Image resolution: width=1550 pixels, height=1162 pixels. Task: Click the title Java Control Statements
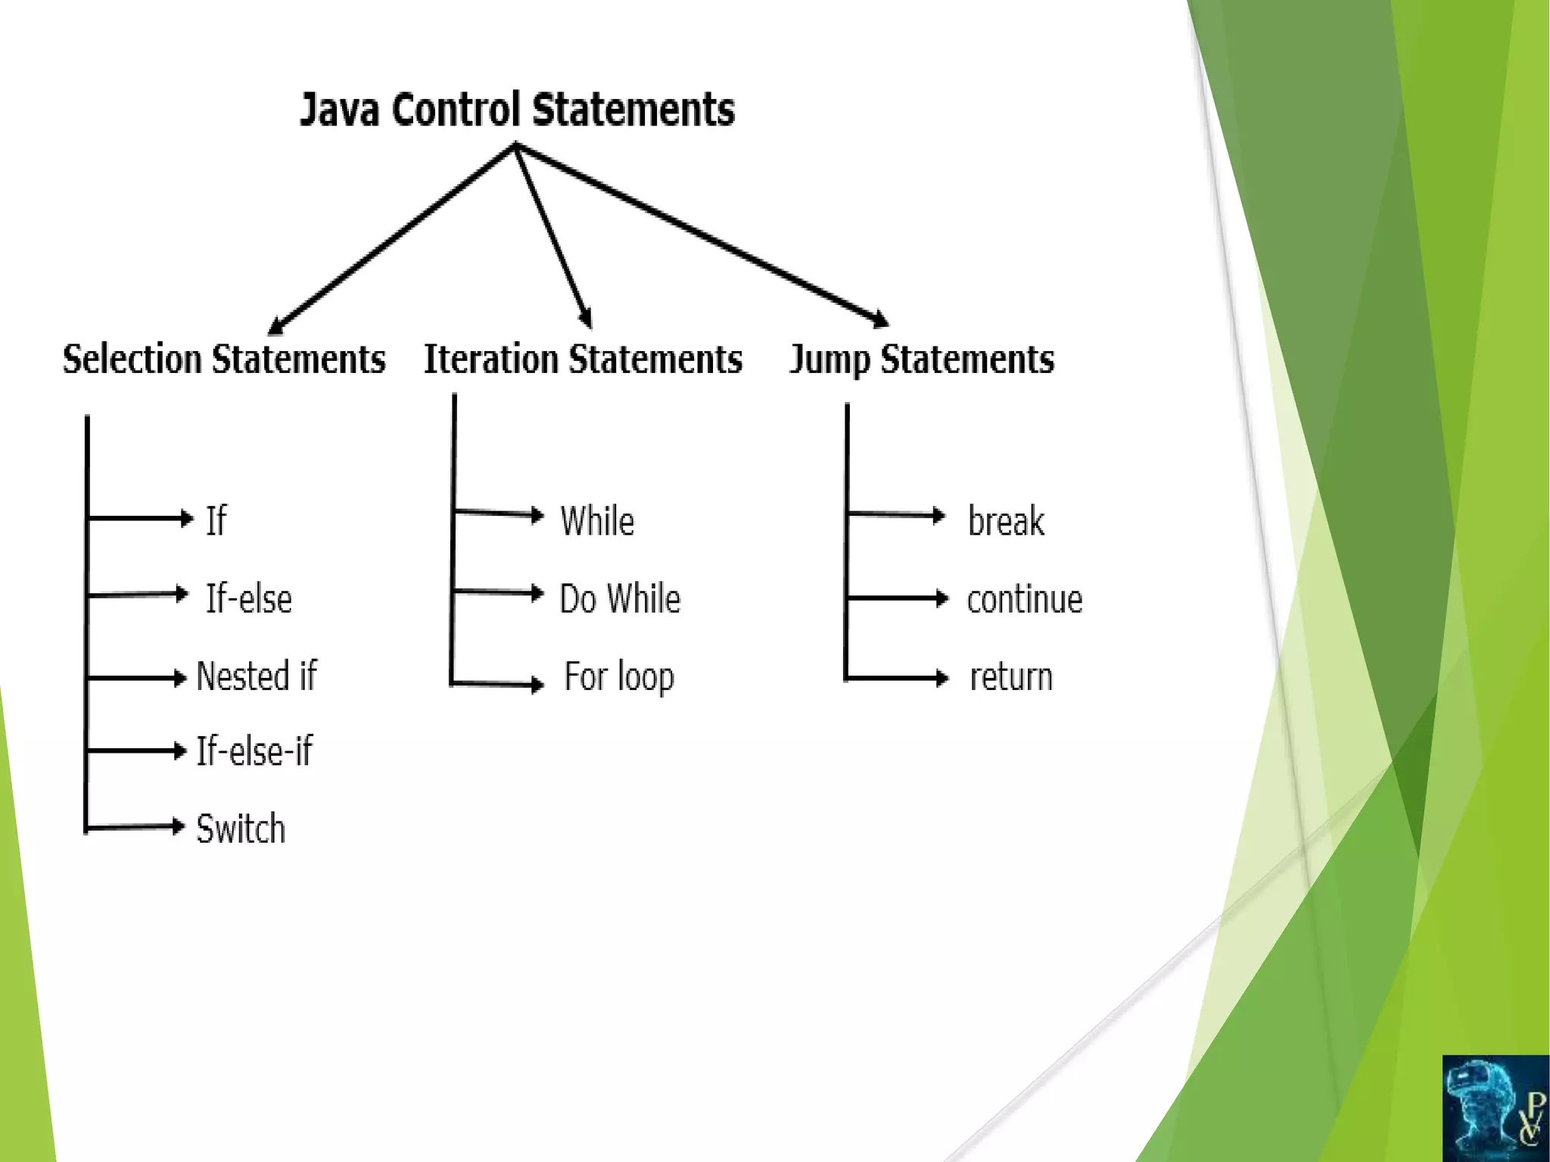(518, 110)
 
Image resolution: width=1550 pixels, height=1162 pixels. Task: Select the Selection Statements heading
(224, 359)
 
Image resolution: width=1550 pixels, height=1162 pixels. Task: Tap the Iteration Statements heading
(583, 359)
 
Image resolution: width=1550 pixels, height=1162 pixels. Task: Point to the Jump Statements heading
(922, 359)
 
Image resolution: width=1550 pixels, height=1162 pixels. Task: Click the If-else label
(249, 598)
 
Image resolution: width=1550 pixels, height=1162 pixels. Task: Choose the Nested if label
(257, 676)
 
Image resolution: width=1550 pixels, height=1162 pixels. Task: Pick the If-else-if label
(254, 751)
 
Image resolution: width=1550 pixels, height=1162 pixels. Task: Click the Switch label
(241, 828)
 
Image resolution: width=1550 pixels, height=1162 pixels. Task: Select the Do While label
(620, 598)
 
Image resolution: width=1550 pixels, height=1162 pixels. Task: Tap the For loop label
(619, 676)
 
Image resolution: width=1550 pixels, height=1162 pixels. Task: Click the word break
(1007, 521)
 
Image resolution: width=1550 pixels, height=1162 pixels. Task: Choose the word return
(1011, 676)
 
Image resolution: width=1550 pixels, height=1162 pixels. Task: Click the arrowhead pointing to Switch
(179, 825)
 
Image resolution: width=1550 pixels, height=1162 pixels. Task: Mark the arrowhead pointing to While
(537, 515)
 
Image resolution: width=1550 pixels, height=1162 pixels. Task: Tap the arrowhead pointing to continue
(942, 598)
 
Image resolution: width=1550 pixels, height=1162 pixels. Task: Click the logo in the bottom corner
(1496, 1108)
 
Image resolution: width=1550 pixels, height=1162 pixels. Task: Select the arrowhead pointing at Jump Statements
(880, 319)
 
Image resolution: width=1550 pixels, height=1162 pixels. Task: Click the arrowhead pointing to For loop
(537, 685)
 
